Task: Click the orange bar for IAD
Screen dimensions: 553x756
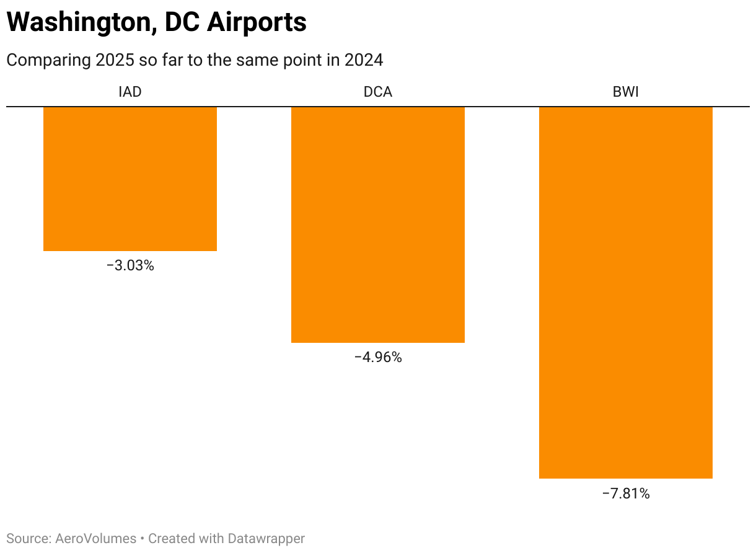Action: [x=130, y=179]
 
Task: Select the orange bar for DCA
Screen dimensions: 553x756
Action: [x=378, y=224]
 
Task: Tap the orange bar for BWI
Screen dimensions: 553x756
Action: [x=626, y=293]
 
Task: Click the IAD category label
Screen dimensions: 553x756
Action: [x=130, y=92]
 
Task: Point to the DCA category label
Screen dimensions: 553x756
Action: [x=378, y=92]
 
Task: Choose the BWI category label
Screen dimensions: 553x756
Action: [x=626, y=92]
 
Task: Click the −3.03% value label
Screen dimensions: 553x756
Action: [x=130, y=266]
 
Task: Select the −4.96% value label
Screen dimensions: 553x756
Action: [x=378, y=358]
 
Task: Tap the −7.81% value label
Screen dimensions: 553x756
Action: [x=626, y=494]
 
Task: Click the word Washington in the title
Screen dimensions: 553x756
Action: [x=76, y=23]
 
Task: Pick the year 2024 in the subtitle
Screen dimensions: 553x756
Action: [x=364, y=60]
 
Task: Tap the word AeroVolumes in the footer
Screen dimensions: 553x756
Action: [x=96, y=539]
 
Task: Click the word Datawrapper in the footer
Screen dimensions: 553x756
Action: [x=266, y=539]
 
